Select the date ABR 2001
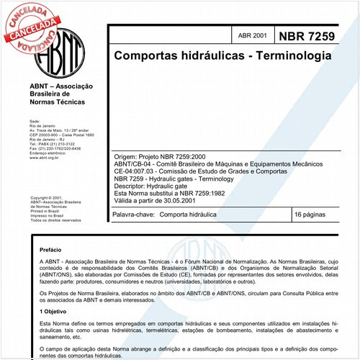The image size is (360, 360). (251, 35)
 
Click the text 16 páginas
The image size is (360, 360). (311, 215)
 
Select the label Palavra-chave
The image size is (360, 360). (135, 215)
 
